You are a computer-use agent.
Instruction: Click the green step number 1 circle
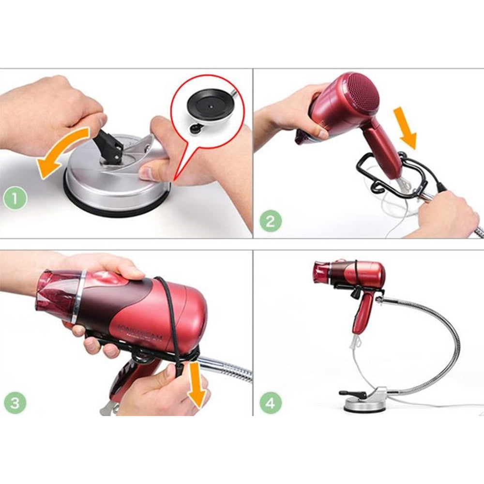pos(15,198)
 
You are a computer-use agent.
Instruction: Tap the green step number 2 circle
pos(271,222)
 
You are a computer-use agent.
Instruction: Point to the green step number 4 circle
pos(271,403)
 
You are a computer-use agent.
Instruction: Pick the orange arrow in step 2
pos(406,127)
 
